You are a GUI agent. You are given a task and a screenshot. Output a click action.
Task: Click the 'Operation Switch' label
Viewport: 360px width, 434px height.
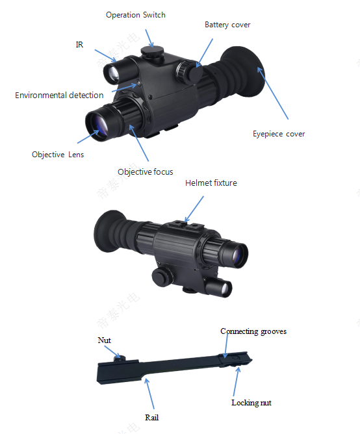click(x=136, y=15)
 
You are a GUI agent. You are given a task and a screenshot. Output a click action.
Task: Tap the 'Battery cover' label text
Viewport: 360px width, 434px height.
click(x=227, y=25)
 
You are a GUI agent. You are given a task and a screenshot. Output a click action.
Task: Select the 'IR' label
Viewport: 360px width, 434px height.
click(x=79, y=45)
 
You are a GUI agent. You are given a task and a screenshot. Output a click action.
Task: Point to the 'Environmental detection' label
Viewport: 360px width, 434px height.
click(x=59, y=96)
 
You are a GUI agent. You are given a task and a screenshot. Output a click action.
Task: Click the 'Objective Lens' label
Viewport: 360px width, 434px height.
click(x=58, y=155)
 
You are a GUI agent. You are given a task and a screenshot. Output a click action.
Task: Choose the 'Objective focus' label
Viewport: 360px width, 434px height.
click(x=146, y=172)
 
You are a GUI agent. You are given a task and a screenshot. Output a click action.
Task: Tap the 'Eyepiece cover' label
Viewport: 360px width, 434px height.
click(x=279, y=134)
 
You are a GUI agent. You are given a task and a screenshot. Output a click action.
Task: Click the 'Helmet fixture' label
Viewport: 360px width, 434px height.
click(x=211, y=183)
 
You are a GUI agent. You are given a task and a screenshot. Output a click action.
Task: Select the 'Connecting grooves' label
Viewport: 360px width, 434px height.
click(x=253, y=331)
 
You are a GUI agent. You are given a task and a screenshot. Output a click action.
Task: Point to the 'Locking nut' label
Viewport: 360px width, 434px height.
click(x=251, y=403)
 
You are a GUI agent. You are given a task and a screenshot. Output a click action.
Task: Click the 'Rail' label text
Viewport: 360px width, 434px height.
click(x=152, y=417)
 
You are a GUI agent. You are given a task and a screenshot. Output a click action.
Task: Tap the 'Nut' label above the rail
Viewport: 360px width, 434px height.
click(x=104, y=340)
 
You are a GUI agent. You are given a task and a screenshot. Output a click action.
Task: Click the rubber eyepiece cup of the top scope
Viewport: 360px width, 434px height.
click(x=244, y=71)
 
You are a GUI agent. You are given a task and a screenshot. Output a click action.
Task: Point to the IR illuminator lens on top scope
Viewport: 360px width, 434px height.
click(x=113, y=74)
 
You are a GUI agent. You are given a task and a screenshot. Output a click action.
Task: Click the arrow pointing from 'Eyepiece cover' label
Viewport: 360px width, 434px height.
click(x=273, y=94)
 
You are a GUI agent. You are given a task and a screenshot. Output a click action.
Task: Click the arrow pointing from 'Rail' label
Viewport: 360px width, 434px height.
click(x=149, y=394)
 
